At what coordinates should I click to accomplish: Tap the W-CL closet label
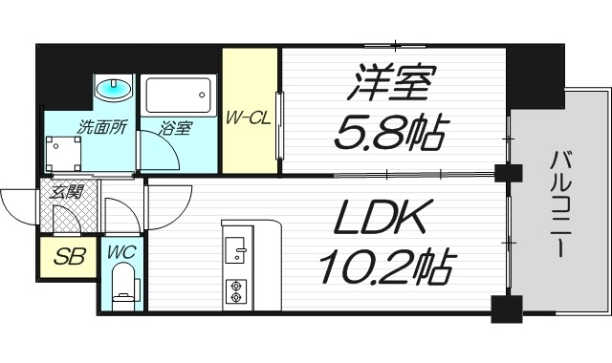tap(250, 119)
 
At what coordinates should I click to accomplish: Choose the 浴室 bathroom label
tap(175, 127)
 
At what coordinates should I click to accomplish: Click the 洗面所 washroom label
tap(103, 125)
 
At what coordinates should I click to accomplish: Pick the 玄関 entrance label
tap(67, 191)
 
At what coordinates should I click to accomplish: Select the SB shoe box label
tap(67, 256)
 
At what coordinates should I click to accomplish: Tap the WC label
tap(120, 253)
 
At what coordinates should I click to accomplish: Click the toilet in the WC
tap(122, 288)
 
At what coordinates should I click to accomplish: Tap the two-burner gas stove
tap(235, 288)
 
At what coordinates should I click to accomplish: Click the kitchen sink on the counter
tap(234, 250)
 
